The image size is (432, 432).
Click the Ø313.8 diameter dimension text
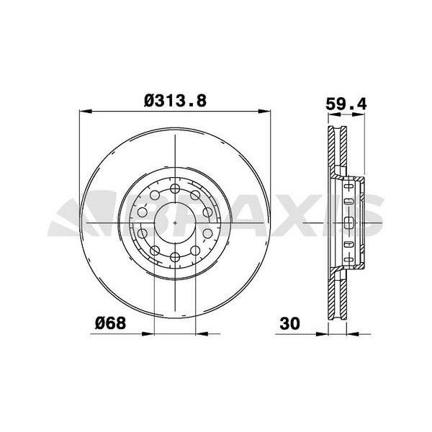pos(175,102)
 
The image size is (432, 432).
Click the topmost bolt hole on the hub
pos(176,189)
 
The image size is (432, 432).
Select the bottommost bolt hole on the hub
pos(176,257)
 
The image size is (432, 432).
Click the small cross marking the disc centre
pos(176,223)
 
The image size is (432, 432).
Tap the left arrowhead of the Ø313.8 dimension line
pos(84,112)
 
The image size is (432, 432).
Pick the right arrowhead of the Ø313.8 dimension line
pos(267,112)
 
